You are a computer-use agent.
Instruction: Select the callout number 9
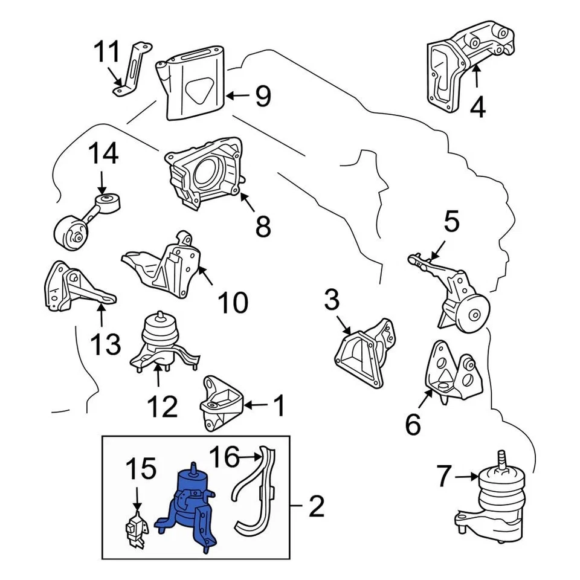tap(262, 95)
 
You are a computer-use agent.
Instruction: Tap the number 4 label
tap(477, 107)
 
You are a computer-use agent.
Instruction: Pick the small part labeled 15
tap(137, 529)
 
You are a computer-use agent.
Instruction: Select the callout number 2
tap(316, 506)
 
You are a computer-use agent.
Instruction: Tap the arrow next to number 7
tap(465, 477)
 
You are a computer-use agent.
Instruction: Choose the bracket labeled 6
tap(453, 372)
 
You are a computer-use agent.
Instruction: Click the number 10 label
tap(232, 302)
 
